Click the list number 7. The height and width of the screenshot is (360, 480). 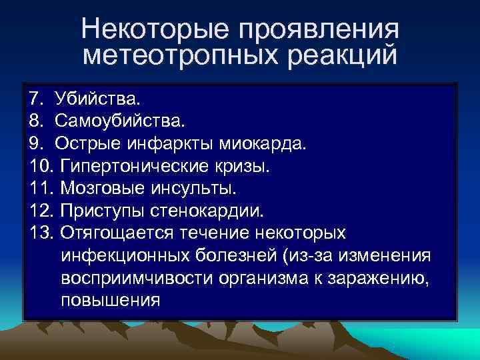[x=35, y=99]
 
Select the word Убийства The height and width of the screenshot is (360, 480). [x=99, y=99]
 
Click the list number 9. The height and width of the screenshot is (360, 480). [x=35, y=144]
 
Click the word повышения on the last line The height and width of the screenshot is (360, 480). [x=111, y=300]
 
